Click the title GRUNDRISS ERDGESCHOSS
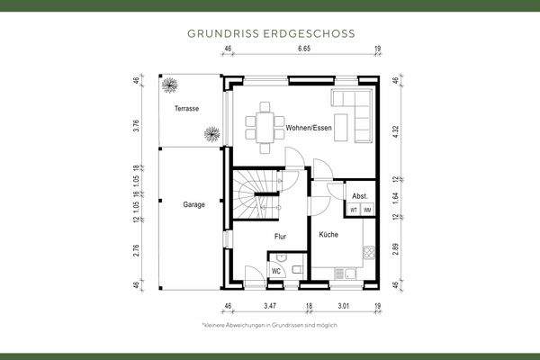(x=270, y=33)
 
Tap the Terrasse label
(x=186, y=109)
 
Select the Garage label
(x=194, y=204)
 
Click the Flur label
(x=280, y=236)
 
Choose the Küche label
(x=328, y=234)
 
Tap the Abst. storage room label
(x=359, y=195)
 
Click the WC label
(x=277, y=270)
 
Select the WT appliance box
(x=354, y=210)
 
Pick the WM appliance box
(x=367, y=210)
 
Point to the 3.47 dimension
(x=267, y=307)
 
